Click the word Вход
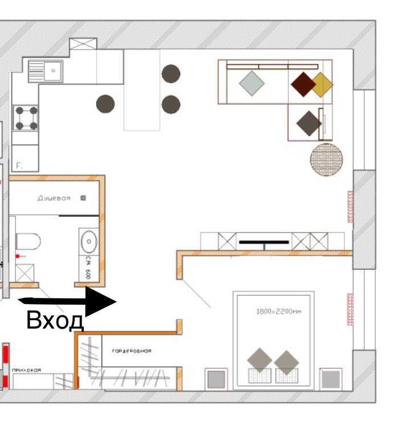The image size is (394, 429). pos(55,321)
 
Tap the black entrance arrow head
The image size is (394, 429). pos(101,300)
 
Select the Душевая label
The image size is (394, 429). pos(54,198)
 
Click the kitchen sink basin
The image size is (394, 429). pos(53,71)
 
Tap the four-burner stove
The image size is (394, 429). pos(26,118)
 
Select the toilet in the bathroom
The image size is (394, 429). pos(27,242)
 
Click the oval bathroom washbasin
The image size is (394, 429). pos(90,242)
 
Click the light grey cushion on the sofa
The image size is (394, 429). pos(251,84)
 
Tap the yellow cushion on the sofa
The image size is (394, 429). pos(321,84)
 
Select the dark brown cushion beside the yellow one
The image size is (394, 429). pos(303,84)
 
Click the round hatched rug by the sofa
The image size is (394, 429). pos(327,159)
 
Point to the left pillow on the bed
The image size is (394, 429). pos(260,362)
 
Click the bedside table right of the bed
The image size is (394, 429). pos(331,379)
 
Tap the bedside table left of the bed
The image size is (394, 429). pos(216,379)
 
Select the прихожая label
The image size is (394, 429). pos(27,370)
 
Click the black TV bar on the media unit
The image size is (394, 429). pos(264,242)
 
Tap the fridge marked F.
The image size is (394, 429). pos(26,158)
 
